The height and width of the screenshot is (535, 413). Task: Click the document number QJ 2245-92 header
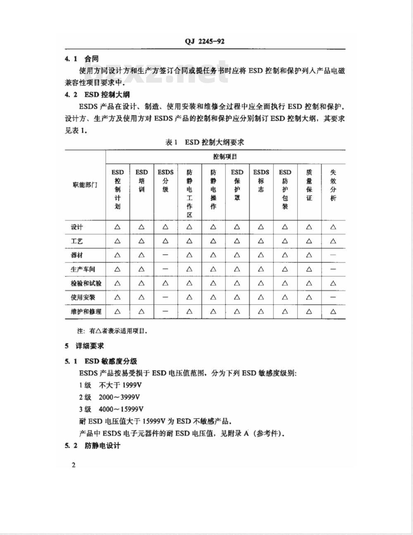pos(204,41)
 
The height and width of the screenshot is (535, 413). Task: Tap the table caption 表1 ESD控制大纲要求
pos(204,142)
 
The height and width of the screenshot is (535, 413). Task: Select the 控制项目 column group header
pos(225,157)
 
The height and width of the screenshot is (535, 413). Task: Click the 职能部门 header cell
pos(85,185)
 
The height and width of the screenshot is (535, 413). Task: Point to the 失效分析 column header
pos(333,185)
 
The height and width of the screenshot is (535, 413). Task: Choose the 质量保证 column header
pos(309,185)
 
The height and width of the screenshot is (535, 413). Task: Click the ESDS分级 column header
pos(165,181)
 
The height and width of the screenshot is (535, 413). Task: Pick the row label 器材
pos(77,255)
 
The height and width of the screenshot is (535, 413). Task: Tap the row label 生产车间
pos(83,269)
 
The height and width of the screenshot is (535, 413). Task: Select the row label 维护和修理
pos(85,311)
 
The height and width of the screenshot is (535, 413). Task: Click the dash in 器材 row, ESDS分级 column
pos(165,255)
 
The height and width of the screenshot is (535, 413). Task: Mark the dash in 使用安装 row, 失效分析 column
pos(333,297)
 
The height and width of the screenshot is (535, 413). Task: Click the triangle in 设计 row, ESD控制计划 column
pos(118,227)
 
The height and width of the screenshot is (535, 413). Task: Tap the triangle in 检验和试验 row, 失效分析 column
pos(333,283)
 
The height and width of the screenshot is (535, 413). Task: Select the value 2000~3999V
pos(119,397)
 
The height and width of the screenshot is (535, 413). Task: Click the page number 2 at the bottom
pos(74,465)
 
